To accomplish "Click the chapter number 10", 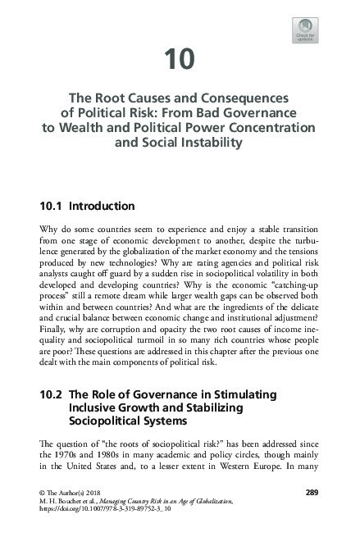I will tap(180, 59).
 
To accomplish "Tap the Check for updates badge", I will tap(305, 31).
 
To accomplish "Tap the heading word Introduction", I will tap(103, 205).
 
